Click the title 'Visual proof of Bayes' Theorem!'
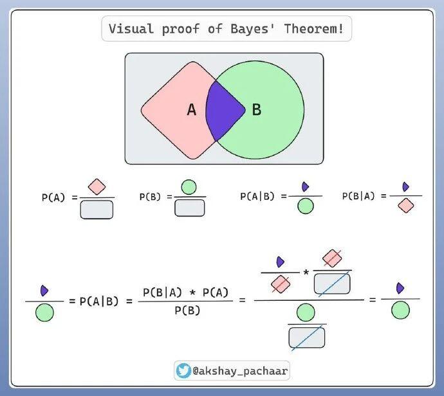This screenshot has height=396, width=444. [226, 29]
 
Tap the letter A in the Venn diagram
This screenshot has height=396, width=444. [191, 110]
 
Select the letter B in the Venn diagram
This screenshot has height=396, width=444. [256, 110]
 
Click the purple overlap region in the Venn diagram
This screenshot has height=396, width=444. [225, 109]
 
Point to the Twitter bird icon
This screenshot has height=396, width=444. [183, 370]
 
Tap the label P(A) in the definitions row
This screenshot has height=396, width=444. [54, 198]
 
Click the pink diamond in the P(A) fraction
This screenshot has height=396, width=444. [97, 187]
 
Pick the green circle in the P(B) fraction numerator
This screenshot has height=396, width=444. [189, 187]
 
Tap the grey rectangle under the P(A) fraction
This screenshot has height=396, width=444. [97, 210]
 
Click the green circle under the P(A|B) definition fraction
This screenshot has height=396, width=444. [306, 206]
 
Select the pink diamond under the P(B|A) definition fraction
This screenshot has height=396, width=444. [405, 206]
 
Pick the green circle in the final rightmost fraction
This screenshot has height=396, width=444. [400, 310]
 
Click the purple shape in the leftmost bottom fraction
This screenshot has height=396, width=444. [44, 290]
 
